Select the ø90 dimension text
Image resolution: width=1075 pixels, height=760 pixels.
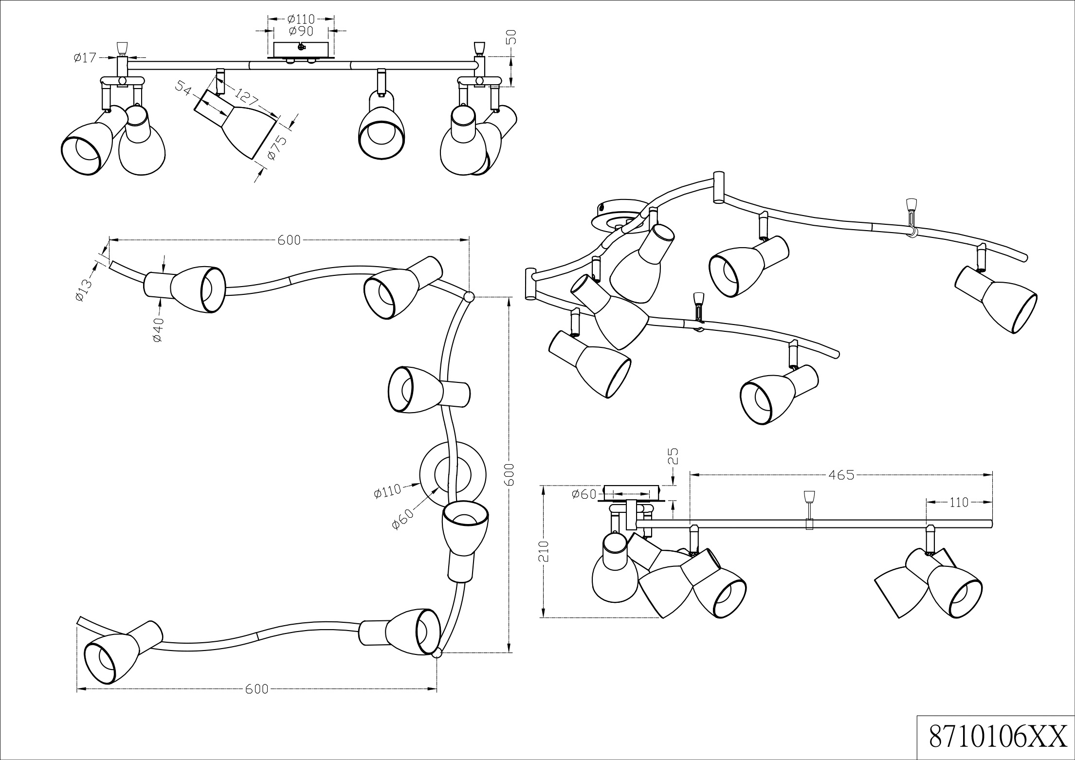tap(300, 31)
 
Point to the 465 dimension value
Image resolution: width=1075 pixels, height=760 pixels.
tap(841, 474)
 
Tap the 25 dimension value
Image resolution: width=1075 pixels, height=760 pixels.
tap(673, 456)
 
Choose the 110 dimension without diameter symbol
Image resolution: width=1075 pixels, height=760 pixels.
tap(959, 503)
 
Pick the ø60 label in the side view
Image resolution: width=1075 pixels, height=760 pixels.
tap(584, 494)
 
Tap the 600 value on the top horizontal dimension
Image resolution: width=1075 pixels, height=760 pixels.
tap(290, 240)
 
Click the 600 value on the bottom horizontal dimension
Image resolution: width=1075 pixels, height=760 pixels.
tap(256, 689)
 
